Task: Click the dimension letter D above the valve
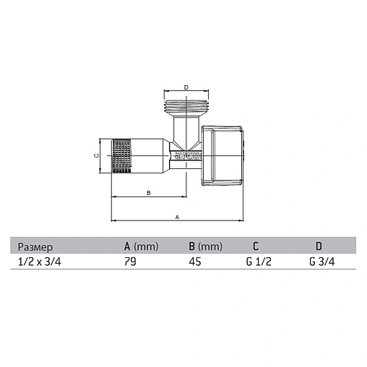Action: [x=186, y=87]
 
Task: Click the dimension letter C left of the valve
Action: [x=96, y=155]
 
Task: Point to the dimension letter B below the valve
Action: [x=149, y=193]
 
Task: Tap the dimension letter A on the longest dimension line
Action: [x=177, y=217]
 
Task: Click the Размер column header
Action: [x=35, y=247]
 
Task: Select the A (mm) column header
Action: [x=142, y=246]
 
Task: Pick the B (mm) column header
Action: [x=206, y=246]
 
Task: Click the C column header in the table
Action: [x=256, y=246]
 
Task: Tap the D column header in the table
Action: [x=319, y=246]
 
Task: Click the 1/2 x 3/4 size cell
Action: [x=40, y=262]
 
